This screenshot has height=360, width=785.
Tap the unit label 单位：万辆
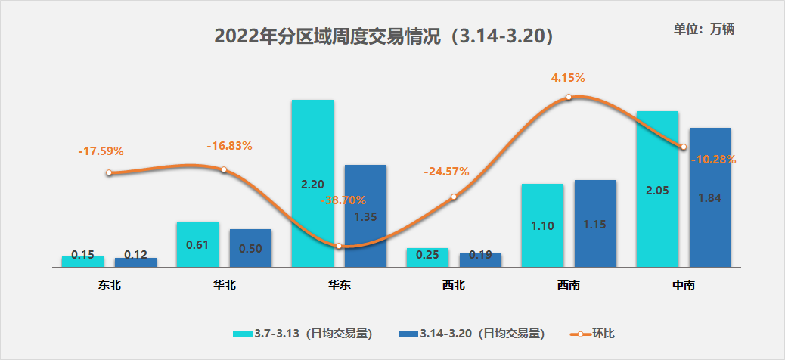704,29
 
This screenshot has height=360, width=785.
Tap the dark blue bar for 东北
135,262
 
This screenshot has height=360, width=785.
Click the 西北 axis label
454,286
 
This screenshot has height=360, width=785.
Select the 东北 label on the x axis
109,286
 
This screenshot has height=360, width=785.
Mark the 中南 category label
684,286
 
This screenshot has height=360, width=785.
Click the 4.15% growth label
568,78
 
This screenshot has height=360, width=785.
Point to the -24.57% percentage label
446,172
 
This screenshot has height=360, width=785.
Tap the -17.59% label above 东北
101,151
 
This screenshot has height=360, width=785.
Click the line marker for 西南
569,97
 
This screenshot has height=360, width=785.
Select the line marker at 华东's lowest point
339,246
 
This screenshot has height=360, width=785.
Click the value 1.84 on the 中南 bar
710,198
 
